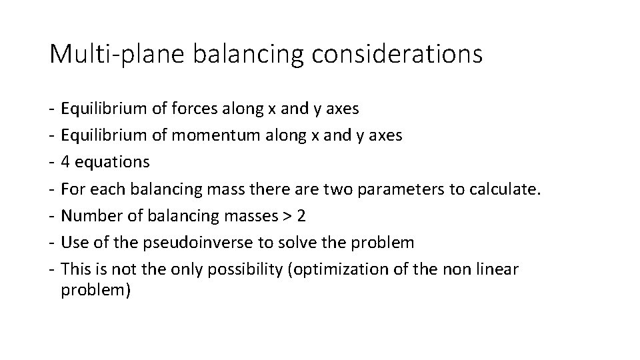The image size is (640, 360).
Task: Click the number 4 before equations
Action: tap(65, 162)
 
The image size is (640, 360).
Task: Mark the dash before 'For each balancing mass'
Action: tap(52, 189)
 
